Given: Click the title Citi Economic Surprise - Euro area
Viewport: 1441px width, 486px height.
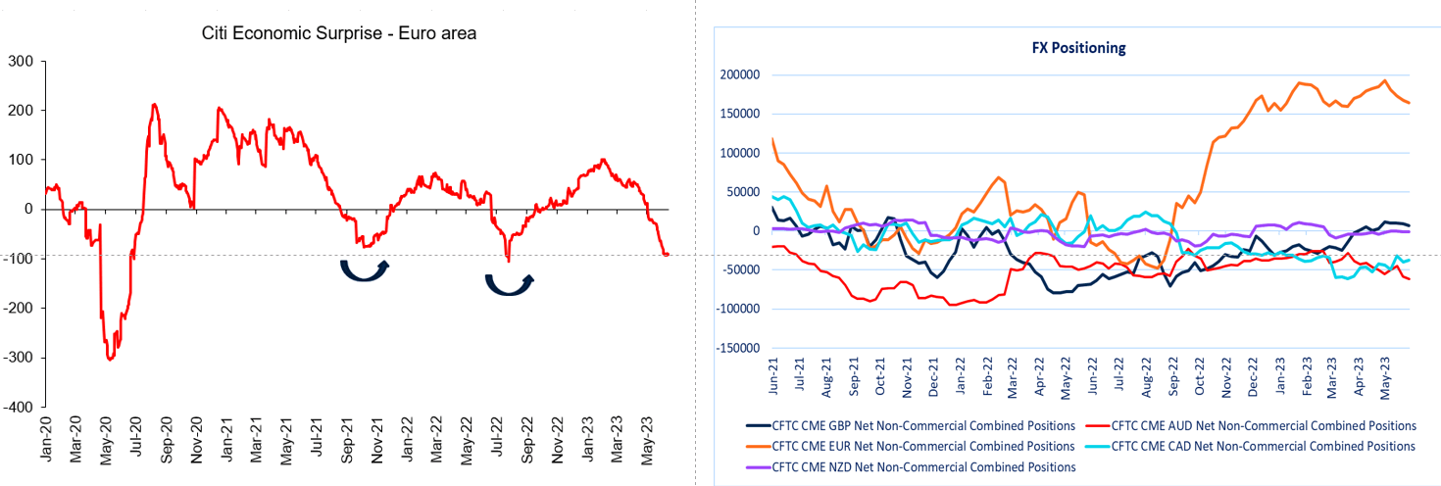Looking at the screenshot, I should (338, 34).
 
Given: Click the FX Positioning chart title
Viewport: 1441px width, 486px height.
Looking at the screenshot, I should (1078, 47).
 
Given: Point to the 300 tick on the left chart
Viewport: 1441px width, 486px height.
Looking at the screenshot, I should (21, 62).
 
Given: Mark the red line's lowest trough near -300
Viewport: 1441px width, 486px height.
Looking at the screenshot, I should (109, 359).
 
